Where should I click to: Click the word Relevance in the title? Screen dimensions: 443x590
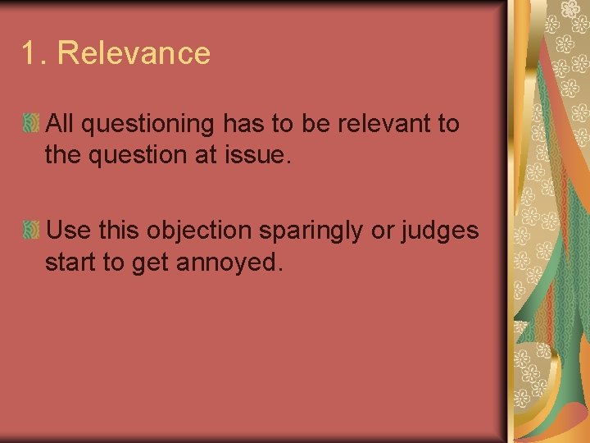click(x=134, y=53)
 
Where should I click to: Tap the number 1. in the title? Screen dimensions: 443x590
click(x=35, y=53)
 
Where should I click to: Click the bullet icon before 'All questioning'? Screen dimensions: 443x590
click(x=32, y=124)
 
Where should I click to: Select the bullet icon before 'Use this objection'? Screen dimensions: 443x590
click(x=32, y=231)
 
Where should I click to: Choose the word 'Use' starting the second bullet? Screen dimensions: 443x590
click(x=67, y=231)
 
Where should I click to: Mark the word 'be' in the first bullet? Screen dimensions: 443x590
click(x=316, y=124)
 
